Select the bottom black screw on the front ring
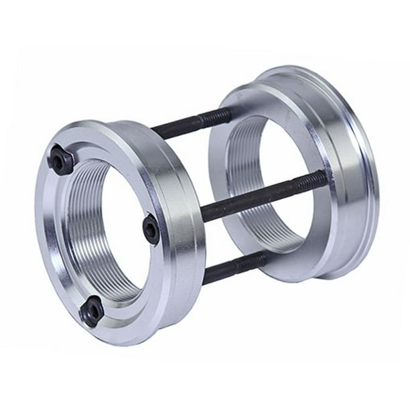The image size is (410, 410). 91,310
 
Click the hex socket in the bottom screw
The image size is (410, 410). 91,310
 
